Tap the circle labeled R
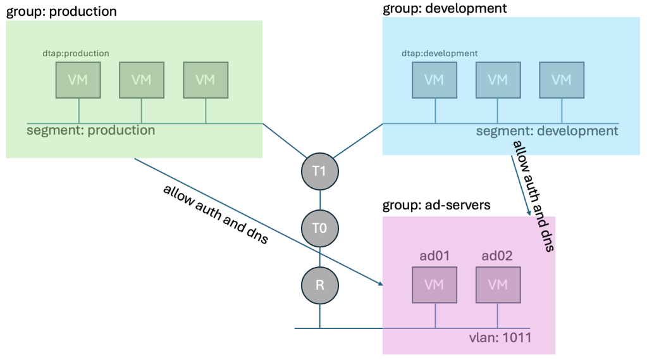[320, 285]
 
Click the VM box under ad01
[434, 285]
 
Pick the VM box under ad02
[498, 285]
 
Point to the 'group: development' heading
[445, 9]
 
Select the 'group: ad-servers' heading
[438, 206]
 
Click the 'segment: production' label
[90, 130]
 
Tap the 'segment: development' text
[546, 131]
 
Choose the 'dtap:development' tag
[440, 54]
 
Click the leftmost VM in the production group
[78, 80]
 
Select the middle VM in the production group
[142, 80]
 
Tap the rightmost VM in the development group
[561, 80]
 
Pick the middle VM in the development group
[498, 80]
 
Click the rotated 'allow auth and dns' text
[533, 196]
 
